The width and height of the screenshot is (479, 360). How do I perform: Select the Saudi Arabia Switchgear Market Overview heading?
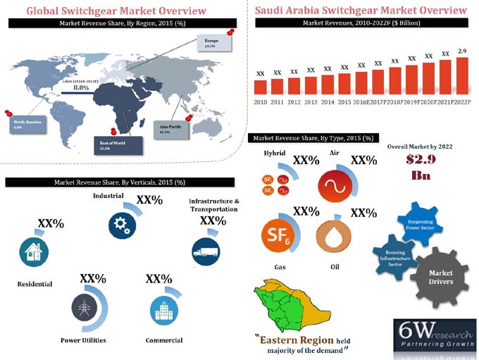[x=360, y=11]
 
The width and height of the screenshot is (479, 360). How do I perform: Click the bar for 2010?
[x=260, y=87]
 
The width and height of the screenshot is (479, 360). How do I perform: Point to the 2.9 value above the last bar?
[x=462, y=51]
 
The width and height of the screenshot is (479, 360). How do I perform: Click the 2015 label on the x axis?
[x=344, y=101]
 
